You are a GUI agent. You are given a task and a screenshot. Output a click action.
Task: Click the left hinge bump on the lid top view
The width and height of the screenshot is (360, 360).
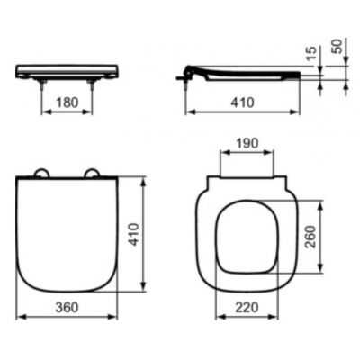pos(40,174)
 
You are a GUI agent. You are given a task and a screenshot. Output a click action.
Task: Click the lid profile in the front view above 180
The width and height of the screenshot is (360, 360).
pos(68,68)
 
